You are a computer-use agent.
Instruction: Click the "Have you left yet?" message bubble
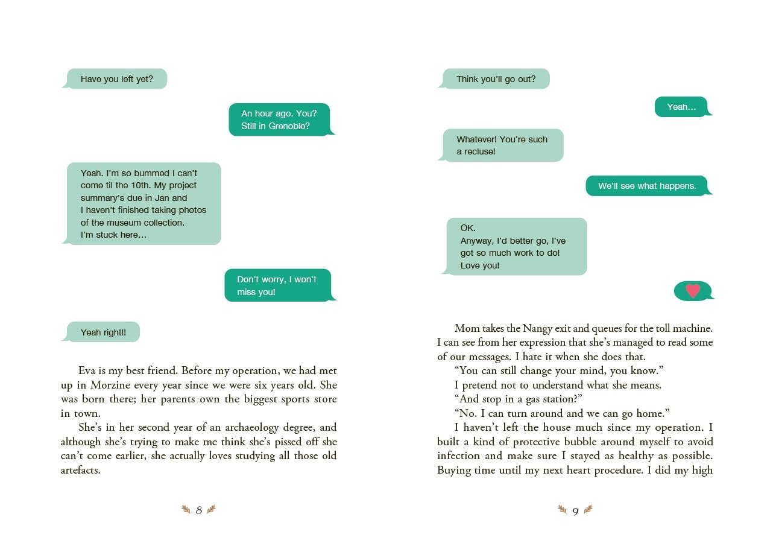[x=116, y=79]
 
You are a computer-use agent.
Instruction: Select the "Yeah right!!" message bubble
[x=103, y=332]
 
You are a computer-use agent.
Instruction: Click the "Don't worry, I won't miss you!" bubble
[x=277, y=285]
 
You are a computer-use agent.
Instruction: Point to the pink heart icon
[x=693, y=291]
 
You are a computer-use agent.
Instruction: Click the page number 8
[x=199, y=510]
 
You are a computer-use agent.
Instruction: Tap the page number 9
[x=575, y=512]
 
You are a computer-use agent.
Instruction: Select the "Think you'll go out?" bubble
[x=496, y=79]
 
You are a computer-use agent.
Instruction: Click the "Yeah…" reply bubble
[x=681, y=107]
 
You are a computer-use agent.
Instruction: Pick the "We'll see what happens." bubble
[x=647, y=186]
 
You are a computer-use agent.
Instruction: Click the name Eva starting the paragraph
[x=87, y=370]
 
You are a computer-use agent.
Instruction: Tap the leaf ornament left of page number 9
[x=562, y=510]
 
